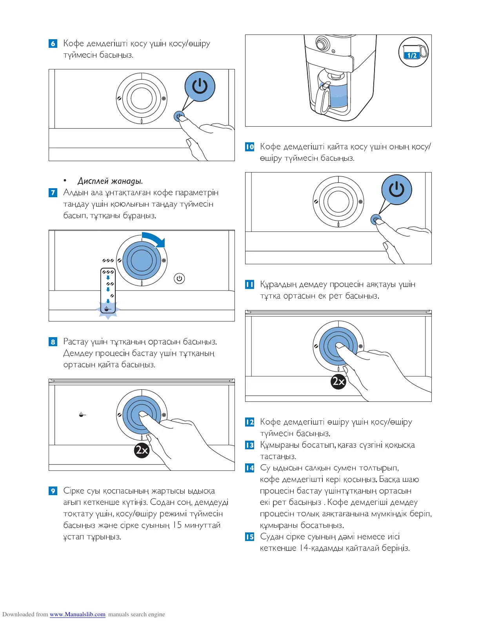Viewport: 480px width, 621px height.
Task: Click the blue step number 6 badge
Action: click(x=53, y=44)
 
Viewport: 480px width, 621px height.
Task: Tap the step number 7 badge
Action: click(x=53, y=193)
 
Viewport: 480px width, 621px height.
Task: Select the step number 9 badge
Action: click(x=53, y=491)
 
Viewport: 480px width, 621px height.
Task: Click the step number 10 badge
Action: click(x=249, y=147)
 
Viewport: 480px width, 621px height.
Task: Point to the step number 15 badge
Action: click(x=249, y=537)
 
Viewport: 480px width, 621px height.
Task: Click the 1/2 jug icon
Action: click(x=413, y=52)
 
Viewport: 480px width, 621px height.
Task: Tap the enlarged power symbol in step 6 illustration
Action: click(x=200, y=86)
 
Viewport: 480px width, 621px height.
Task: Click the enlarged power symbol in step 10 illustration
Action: click(x=396, y=189)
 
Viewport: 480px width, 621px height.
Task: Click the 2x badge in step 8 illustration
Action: click(x=142, y=450)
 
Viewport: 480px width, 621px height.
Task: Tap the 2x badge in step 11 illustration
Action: click(x=338, y=381)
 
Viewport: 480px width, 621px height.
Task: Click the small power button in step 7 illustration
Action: click(x=179, y=278)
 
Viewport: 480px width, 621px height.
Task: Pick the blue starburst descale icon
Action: click(x=108, y=309)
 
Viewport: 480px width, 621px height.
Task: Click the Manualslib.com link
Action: click(x=77, y=614)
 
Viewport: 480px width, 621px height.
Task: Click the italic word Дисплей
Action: click(x=93, y=181)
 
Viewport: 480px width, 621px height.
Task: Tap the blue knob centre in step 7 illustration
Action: click(x=142, y=260)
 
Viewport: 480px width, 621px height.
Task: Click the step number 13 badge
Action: click(x=249, y=445)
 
